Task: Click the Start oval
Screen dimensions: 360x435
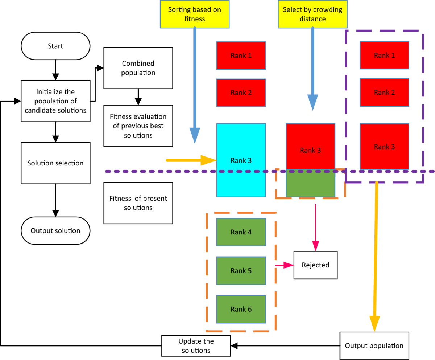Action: click(x=55, y=46)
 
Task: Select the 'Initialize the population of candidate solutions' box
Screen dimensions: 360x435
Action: click(x=55, y=101)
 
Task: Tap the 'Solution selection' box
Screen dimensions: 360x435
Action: click(x=55, y=163)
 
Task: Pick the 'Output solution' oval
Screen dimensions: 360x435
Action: click(x=55, y=231)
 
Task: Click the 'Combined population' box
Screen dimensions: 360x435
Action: click(x=137, y=68)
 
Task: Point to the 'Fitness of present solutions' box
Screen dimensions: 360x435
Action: click(x=137, y=203)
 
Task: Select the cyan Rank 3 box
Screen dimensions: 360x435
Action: click(x=241, y=160)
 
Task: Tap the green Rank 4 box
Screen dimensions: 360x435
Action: click(x=241, y=232)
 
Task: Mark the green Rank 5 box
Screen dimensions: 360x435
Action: click(x=241, y=271)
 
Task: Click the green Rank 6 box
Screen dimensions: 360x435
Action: click(x=241, y=309)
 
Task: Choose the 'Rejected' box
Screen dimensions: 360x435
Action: click(x=315, y=265)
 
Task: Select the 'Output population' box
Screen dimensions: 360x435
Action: click(x=374, y=345)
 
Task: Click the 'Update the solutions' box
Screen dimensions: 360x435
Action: click(x=196, y=345)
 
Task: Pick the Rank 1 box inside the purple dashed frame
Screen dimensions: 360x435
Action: click(x=384, y=55)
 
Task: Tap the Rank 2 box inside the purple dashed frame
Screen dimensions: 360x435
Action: click(x=384, y=92)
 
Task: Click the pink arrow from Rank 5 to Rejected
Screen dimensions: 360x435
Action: click(x=285, y=265)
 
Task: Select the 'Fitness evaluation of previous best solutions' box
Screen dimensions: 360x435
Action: click(x=137, y=126)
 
